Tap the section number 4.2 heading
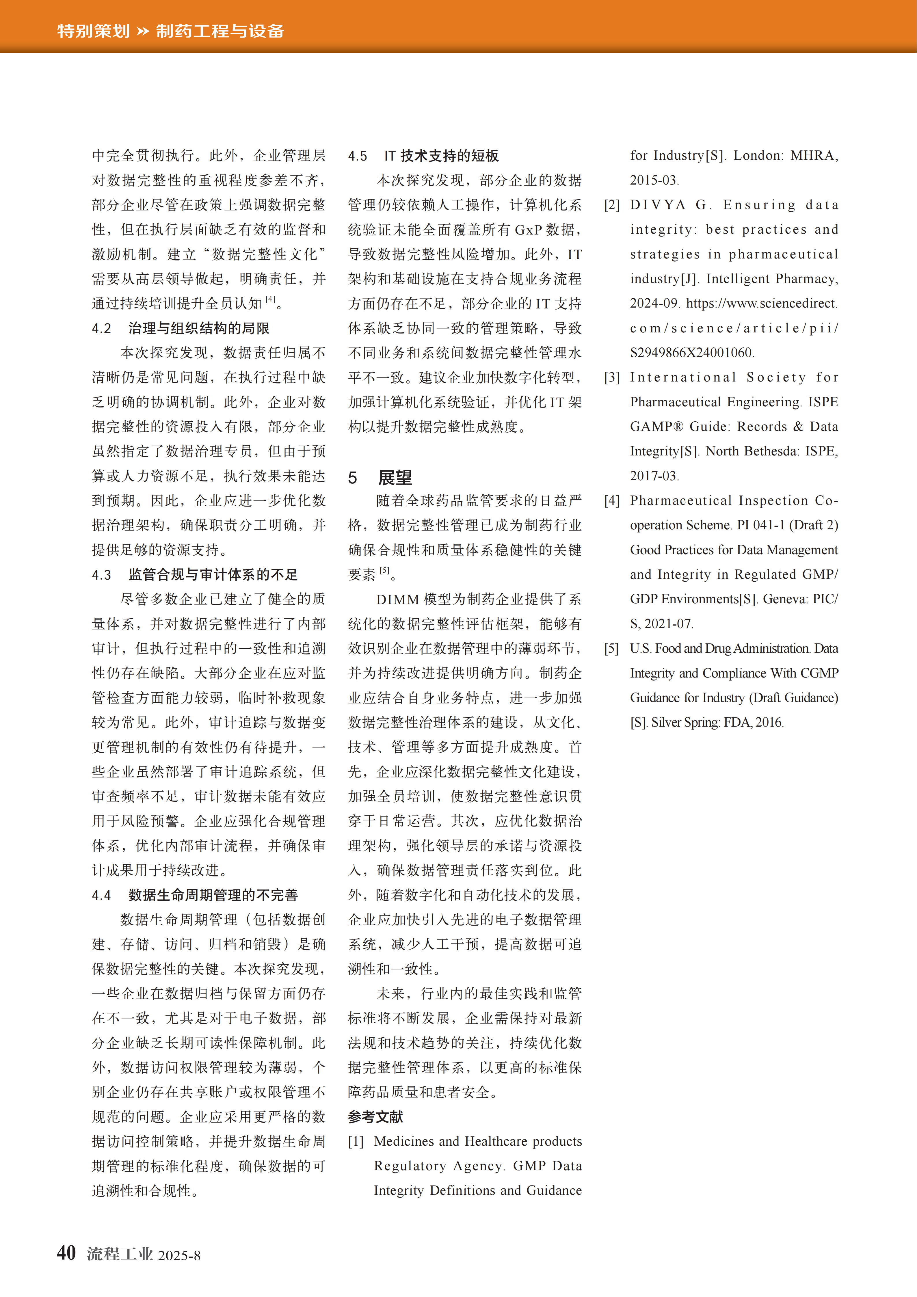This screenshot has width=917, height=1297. click(x=102, y=328)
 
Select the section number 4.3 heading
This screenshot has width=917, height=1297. click(x=102, y=574)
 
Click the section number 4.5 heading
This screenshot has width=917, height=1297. click(x=358, y=156)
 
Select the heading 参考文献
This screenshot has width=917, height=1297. click(x=375, y=1117)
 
